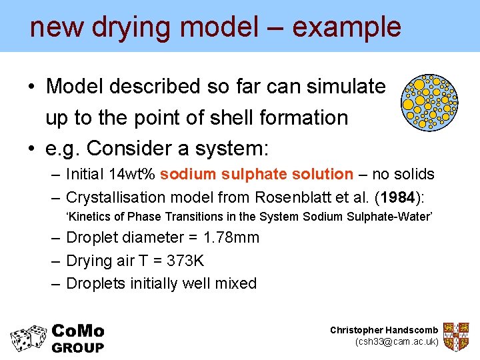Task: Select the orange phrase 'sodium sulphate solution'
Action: point(257,175)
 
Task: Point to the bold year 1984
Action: point(397,197)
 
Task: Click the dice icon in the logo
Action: point(28,338)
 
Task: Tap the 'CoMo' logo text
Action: point(77,331)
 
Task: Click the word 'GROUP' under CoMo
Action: point(77,348)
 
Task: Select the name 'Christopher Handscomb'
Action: point(384,330)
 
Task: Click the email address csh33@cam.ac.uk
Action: point(397,342)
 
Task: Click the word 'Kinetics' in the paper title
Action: point(86,217)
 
